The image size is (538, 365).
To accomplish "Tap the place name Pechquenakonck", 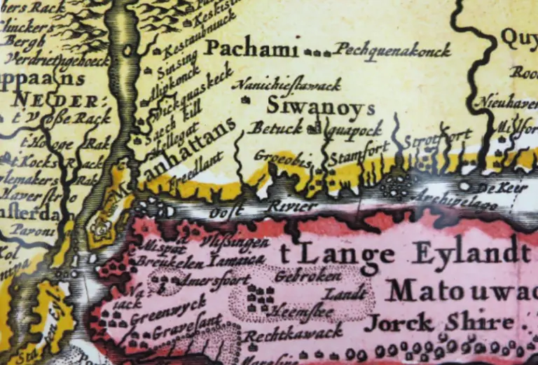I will [x=392, y=50].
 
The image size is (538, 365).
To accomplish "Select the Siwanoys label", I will [x=321, y=106].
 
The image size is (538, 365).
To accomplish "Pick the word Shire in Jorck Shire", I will [x=479, y=322].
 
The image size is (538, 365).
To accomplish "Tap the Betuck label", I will [x=277, y=128].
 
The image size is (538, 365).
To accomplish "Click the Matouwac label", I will [x=459, y=290].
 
